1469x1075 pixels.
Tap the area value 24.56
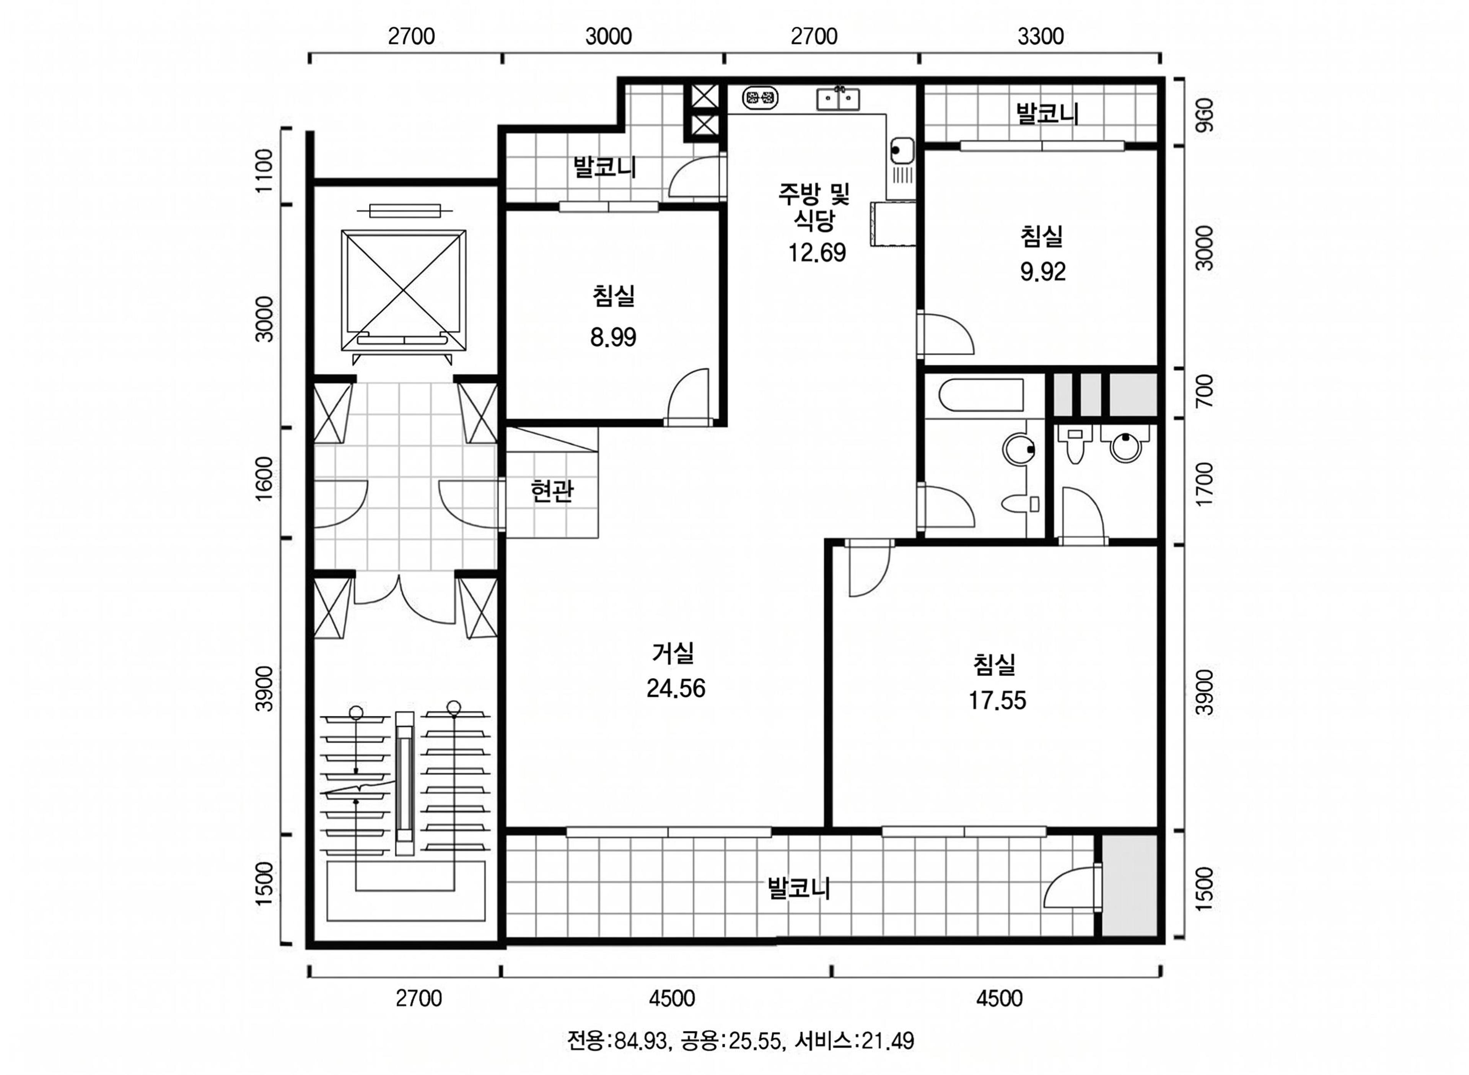tap(676, 688)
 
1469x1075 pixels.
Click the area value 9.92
tap(1043, 272)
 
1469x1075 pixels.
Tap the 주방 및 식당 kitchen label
tap(814, 206)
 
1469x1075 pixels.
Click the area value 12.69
tap(817, 252)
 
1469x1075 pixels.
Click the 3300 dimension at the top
tap(1041, 36)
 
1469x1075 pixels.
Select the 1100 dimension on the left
tap(264, 171)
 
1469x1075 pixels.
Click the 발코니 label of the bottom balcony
tap(799, 888)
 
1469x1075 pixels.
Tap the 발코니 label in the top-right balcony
tap(1047, 113)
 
